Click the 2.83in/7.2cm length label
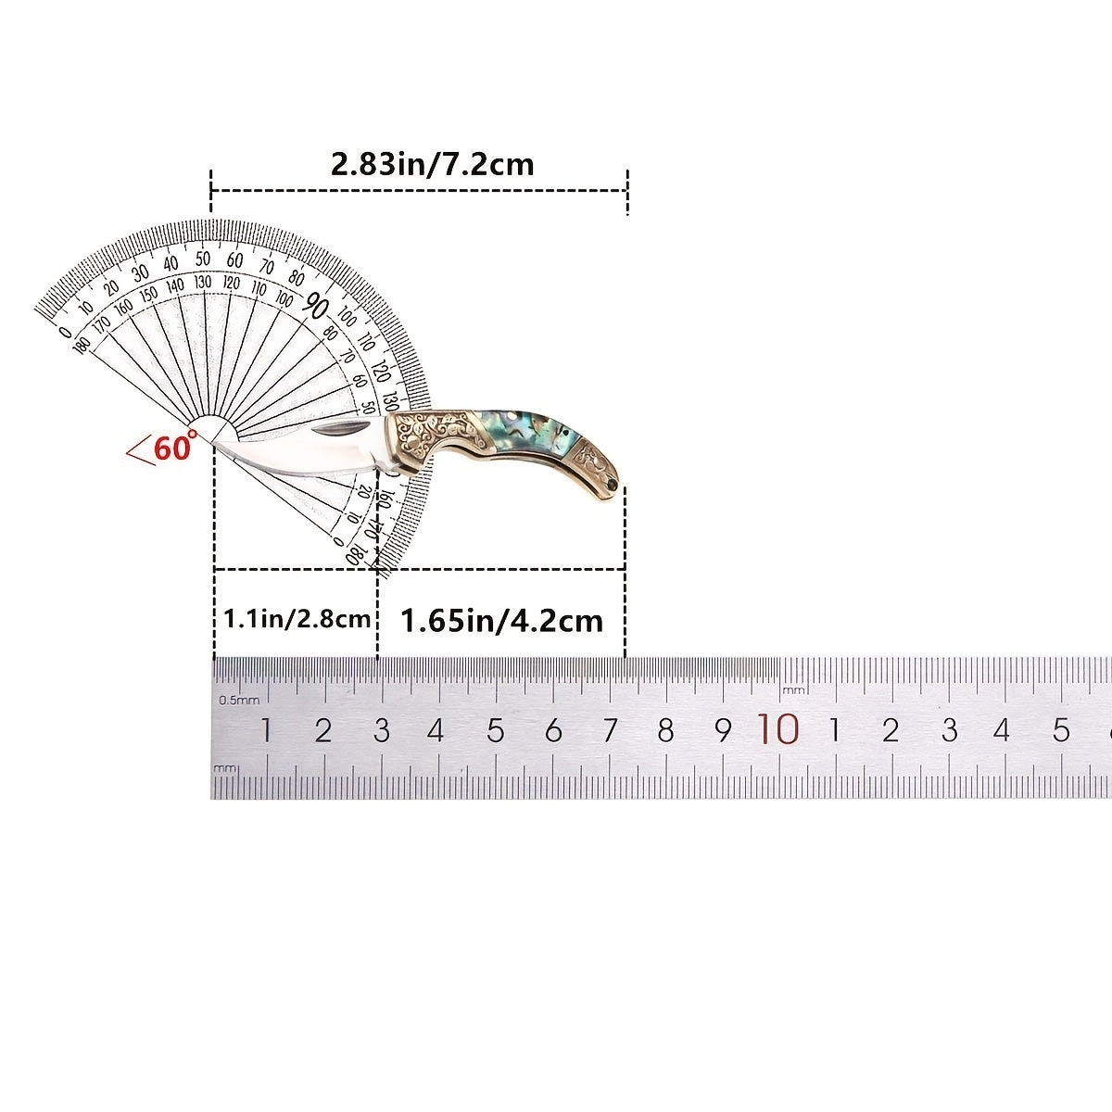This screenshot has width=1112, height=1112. (x=432, y=165)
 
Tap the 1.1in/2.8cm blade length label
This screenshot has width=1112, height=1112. (x=297, y=619)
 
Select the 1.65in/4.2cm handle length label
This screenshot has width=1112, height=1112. (x=501, y=621)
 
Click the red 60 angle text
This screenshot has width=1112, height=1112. (x=173, y=448)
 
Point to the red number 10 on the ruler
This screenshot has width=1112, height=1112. (x=778, y=729)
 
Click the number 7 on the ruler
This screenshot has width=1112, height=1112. (x=611, y=730)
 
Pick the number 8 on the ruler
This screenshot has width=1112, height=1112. (x=665, y=730)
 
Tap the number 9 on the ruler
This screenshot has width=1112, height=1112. (x=723, y=730)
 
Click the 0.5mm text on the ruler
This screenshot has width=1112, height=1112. (x=239, y=700)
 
